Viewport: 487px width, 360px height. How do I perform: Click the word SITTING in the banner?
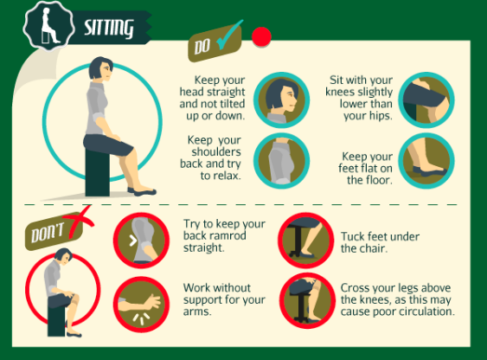pos(109,28)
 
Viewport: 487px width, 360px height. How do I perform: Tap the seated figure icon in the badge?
pos(49,25)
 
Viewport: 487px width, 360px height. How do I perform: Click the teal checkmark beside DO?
pos(229,35)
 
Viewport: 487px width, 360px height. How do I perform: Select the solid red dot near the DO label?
pos(261,36)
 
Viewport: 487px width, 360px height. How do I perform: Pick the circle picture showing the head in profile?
pos(281,100)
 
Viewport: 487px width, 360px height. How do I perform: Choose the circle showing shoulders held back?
pos(281,161)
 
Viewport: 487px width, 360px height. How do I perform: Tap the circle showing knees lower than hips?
pos(426,100)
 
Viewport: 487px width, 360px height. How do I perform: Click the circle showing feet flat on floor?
pos(426,161)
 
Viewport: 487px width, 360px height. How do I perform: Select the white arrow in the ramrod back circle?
pos(133,241)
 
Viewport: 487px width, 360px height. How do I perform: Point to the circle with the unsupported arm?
pos(141,305)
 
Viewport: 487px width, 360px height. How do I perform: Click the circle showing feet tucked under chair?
pos(306,241)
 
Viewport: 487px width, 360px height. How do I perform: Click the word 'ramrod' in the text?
pos(229,235)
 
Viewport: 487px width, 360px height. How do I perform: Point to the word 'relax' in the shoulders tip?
pos(227,176)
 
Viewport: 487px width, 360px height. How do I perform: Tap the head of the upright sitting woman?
pos(101,68)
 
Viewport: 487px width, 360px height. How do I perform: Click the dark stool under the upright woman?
pos(97,171)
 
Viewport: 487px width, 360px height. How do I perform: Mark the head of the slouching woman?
pos(64,256)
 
